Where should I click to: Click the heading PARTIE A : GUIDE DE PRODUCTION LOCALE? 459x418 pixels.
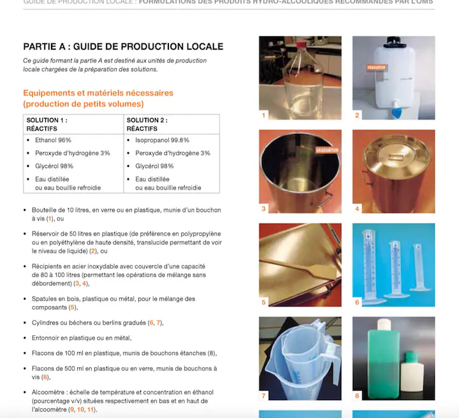[123, 47]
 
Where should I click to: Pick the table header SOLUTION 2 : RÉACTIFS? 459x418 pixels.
[147, 124]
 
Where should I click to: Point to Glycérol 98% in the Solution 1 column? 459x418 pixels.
[55, 166]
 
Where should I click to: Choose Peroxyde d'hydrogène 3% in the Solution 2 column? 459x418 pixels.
[172, 153]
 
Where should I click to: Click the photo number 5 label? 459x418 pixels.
[264, 302]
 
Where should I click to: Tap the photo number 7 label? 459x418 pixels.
[264, 396]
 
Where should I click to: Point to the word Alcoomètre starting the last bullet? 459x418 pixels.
[50, 391]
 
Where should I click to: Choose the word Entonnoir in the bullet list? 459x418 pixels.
[48, 338]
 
